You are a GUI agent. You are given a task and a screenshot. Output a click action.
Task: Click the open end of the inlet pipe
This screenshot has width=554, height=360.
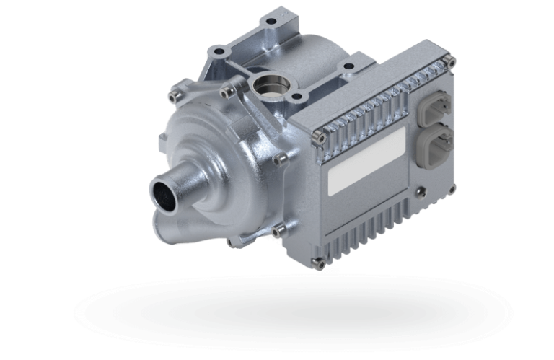(x=164, y=195)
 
